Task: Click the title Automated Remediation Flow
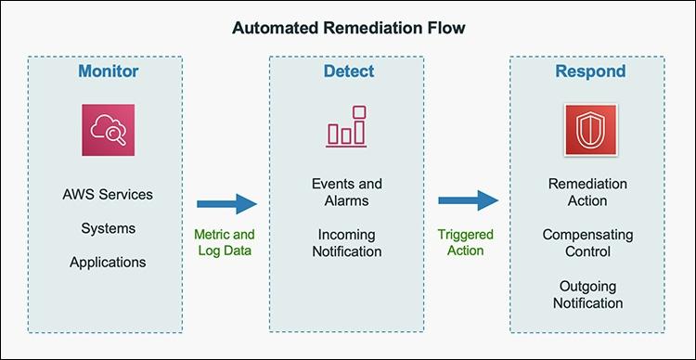pyautogui.click(x=348, y=28)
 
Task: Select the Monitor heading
pyautogui.click(x=108, y=71)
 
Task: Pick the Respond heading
pyautogui.click(x=589, y=71)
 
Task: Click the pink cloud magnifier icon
pyautogui.click(x=108, y=132)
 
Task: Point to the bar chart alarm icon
pyautogui.click(x=346, y=127)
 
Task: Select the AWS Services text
pyautogui.click(x=108, y=195)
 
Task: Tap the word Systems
pyautogui.click(x=108, y=228)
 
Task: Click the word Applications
pyautogui.click(x=108, y=262)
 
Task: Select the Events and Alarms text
pyautogui.click(x=346, y=192)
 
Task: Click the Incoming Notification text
pyautogui.click(x=346, y=243)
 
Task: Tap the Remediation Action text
pyautogui.click(x=588, y=192)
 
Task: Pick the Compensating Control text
pyautogui.click(x=588, y=243)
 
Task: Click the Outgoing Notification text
pyautogui.click(x=588, y=294)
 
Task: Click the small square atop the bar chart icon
pyautogui.click(x=359, y=112)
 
